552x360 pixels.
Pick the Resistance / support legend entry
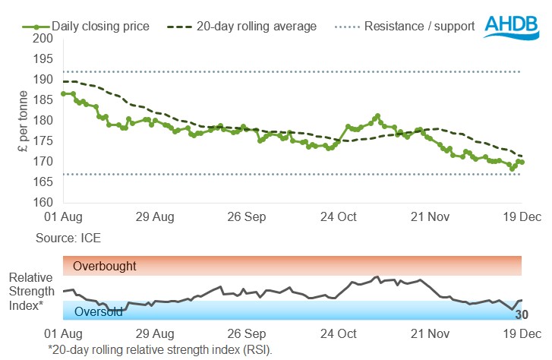(419, 27)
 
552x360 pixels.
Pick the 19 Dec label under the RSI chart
(521, 333)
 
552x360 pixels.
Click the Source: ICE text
(68, 238)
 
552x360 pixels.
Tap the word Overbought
(105, 267)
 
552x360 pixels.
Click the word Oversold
(98, 312)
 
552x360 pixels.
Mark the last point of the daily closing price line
(521, 163)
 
